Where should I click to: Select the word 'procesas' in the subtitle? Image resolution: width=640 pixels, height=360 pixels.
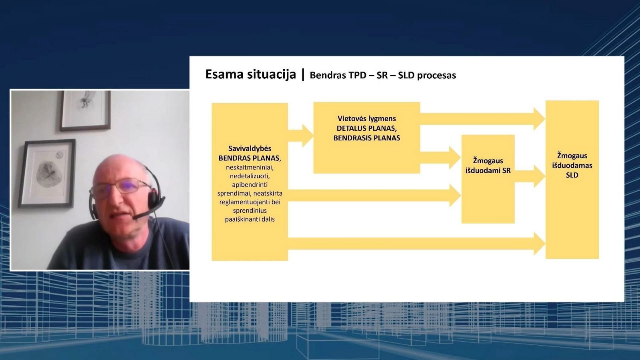436,76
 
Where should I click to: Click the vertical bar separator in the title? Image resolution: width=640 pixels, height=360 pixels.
303,74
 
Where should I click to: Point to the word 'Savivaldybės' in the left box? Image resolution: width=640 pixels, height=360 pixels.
250,148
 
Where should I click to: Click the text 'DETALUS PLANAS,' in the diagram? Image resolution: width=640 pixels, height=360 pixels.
366,128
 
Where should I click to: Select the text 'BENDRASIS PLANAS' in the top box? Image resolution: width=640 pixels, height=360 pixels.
366,138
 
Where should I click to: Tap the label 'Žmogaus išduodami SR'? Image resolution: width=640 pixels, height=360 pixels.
488,166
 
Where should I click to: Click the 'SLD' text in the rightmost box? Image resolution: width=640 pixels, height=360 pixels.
572,175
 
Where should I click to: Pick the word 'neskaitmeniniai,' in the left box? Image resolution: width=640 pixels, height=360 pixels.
250,167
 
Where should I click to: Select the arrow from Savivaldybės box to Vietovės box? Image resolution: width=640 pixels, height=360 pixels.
300,136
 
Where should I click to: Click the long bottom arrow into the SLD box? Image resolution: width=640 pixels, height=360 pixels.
416,244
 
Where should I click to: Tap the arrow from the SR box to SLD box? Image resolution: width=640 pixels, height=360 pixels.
530,176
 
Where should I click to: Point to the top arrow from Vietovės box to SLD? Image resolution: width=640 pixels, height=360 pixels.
482,119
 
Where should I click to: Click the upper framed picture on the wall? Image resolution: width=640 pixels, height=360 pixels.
85,111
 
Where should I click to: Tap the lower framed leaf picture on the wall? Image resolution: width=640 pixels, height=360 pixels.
47,174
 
